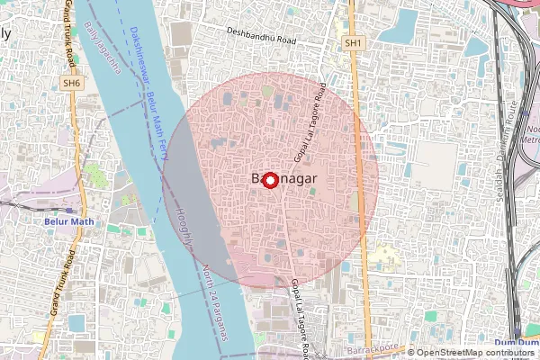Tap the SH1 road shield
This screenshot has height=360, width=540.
tap(354, 42)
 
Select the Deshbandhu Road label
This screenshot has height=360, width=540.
tap(262, 40)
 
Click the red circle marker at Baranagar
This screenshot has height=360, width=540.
tap(270, 179)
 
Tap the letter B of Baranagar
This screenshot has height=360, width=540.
tap(248, 179)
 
